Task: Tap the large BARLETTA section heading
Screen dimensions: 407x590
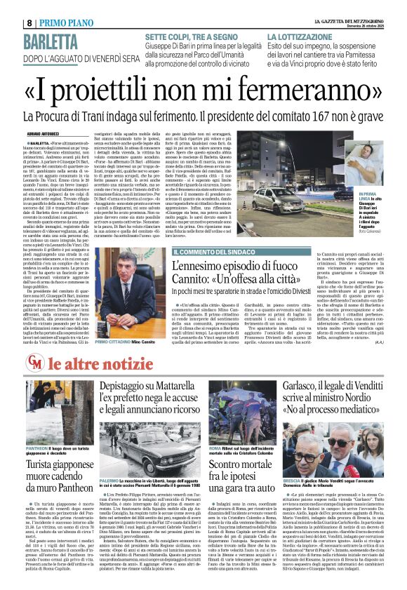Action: (64, 38)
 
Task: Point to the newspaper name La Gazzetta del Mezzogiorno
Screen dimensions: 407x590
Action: (342, 4)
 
